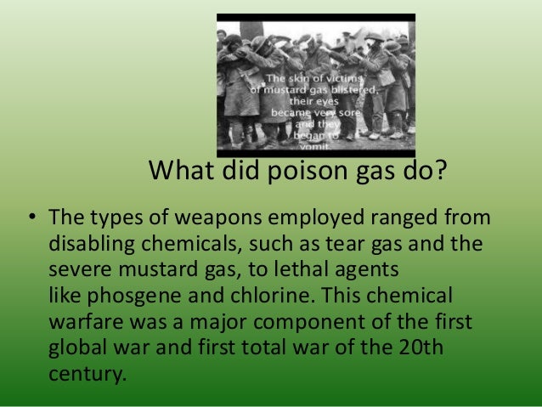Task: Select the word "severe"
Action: [x=79, y=271]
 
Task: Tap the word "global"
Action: [x=76, y=348]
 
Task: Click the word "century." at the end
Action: [x=88, y=374]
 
